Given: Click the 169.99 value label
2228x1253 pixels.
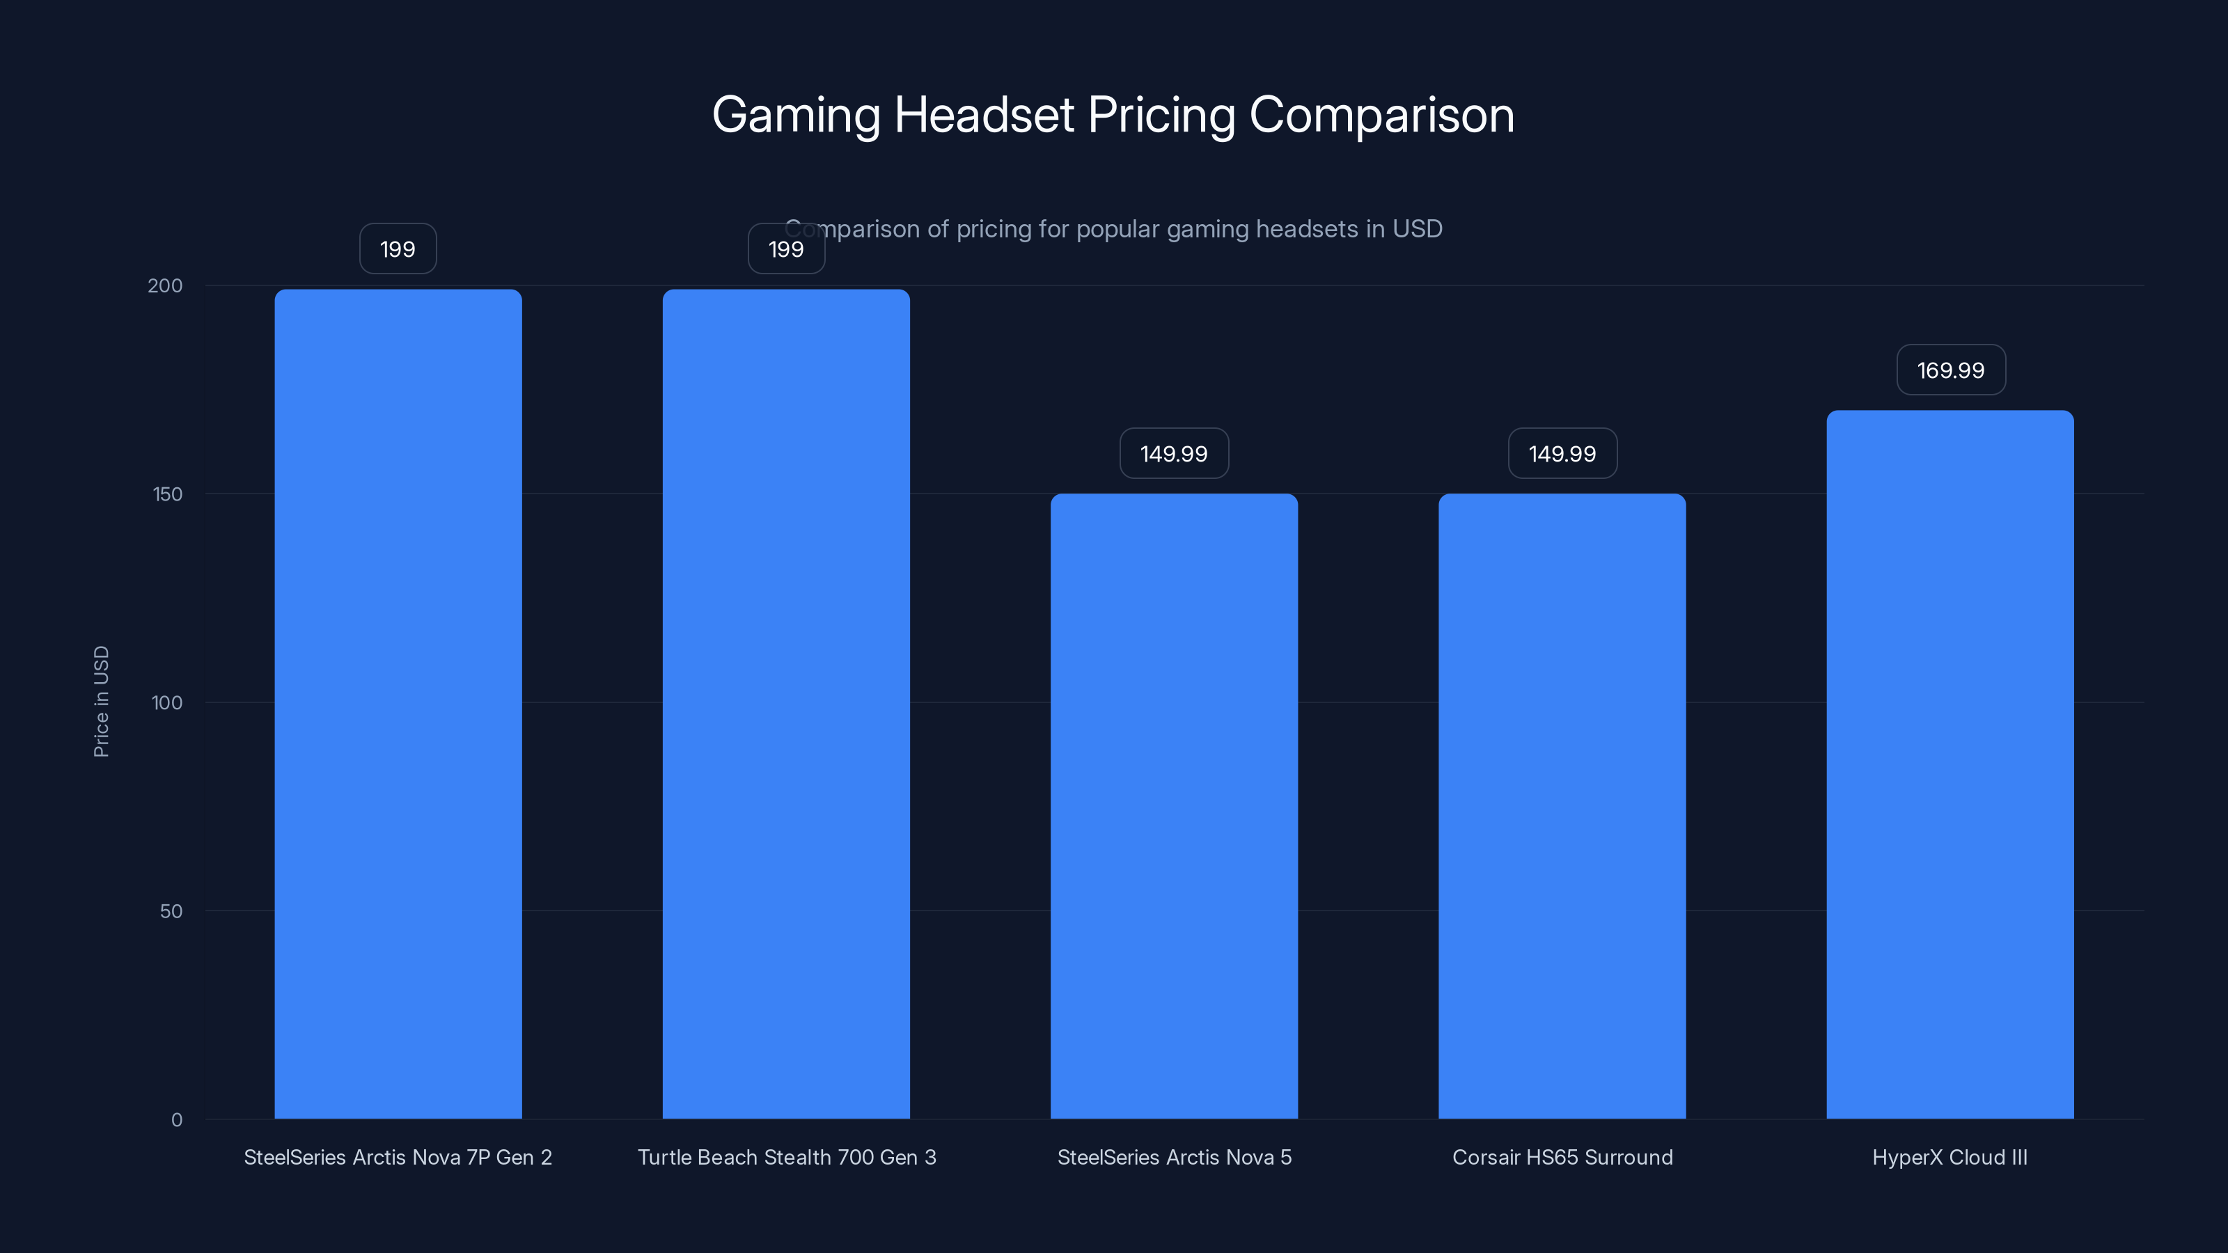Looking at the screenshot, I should [1950, 370].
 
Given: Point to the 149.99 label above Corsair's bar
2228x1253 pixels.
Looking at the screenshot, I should [1561, 453].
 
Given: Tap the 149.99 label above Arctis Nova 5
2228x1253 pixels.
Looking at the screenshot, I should [1174, 453].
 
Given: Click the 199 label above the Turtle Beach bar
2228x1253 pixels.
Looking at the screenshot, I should [785, 249].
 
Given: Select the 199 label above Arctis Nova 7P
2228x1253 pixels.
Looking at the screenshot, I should [398, 249].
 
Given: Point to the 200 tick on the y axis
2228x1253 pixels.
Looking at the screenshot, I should [165, 285].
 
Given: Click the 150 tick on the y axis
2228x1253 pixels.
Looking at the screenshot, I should [168, 494].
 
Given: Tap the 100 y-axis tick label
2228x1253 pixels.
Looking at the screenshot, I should [167, 702].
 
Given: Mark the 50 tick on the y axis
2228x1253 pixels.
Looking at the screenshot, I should [171, 911].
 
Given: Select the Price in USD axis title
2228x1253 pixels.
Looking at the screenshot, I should [101, 701].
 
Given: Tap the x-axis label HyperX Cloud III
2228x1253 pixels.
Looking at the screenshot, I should [1949, 1157].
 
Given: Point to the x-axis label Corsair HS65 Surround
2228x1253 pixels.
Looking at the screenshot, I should [1561, 1157].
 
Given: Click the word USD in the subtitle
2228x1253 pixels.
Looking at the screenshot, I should [1417, 229].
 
